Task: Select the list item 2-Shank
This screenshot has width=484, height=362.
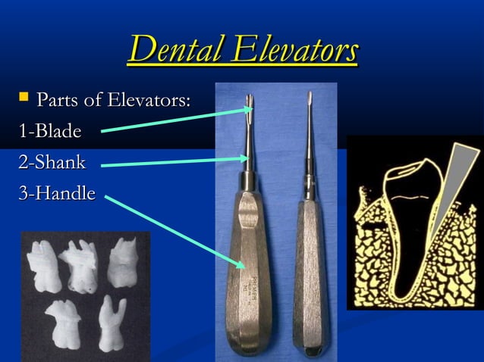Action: (x=52, y=162)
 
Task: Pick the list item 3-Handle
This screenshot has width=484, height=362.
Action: (x=58, y=193)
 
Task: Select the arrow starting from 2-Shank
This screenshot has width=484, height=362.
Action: (x=174, y=162)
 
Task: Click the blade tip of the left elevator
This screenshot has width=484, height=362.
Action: (x=250, y=101)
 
